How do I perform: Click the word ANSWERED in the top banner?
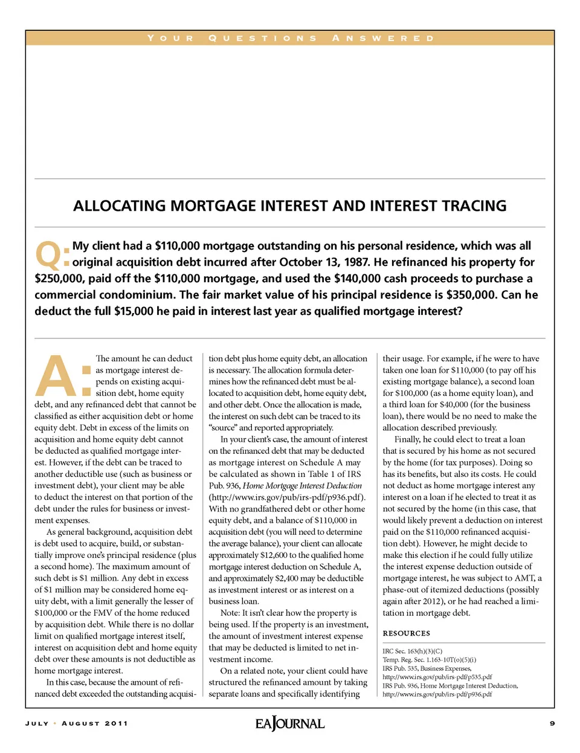383,38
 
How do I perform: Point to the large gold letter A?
57,374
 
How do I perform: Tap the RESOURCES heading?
406,633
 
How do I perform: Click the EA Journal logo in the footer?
290,723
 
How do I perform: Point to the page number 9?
552,723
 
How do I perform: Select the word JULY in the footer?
37,723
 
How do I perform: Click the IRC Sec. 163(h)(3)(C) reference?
412,651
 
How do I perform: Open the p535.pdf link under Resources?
437,677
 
